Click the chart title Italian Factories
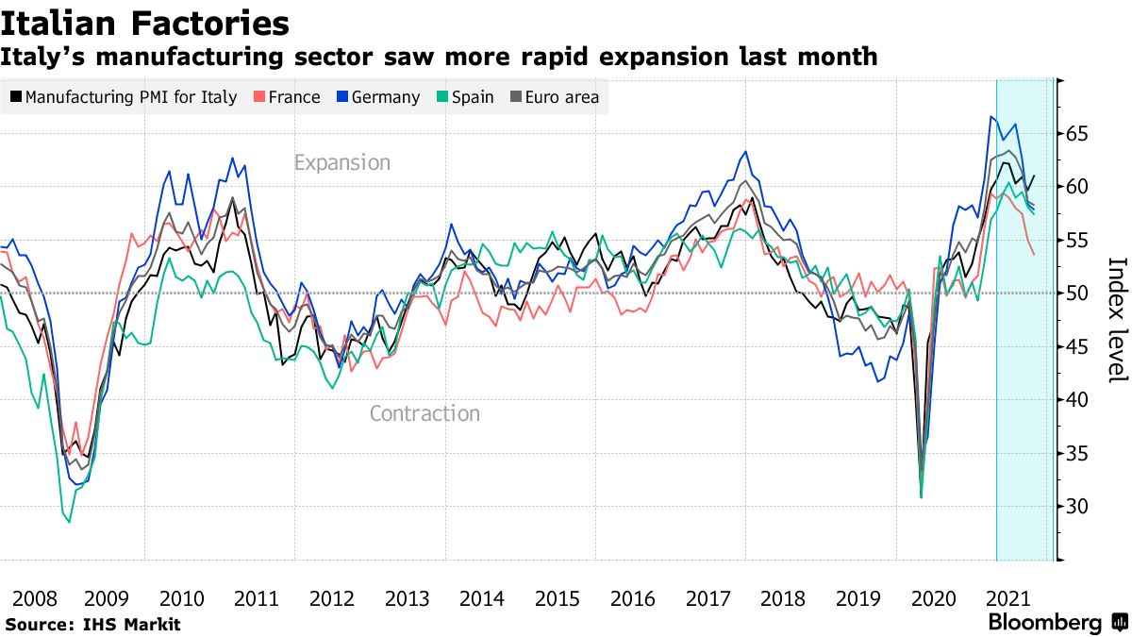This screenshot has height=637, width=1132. click(145, 23)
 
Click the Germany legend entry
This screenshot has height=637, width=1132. click(376, 97)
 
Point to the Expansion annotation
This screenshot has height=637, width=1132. click(341, 162)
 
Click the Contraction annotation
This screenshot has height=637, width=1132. click(424, 413)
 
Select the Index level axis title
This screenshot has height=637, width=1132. click(1116, 320)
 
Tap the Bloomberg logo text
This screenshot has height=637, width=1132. click(1044, 623)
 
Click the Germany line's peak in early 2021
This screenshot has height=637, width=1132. click(990, 117)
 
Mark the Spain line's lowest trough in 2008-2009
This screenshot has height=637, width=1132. click(69, 522)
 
